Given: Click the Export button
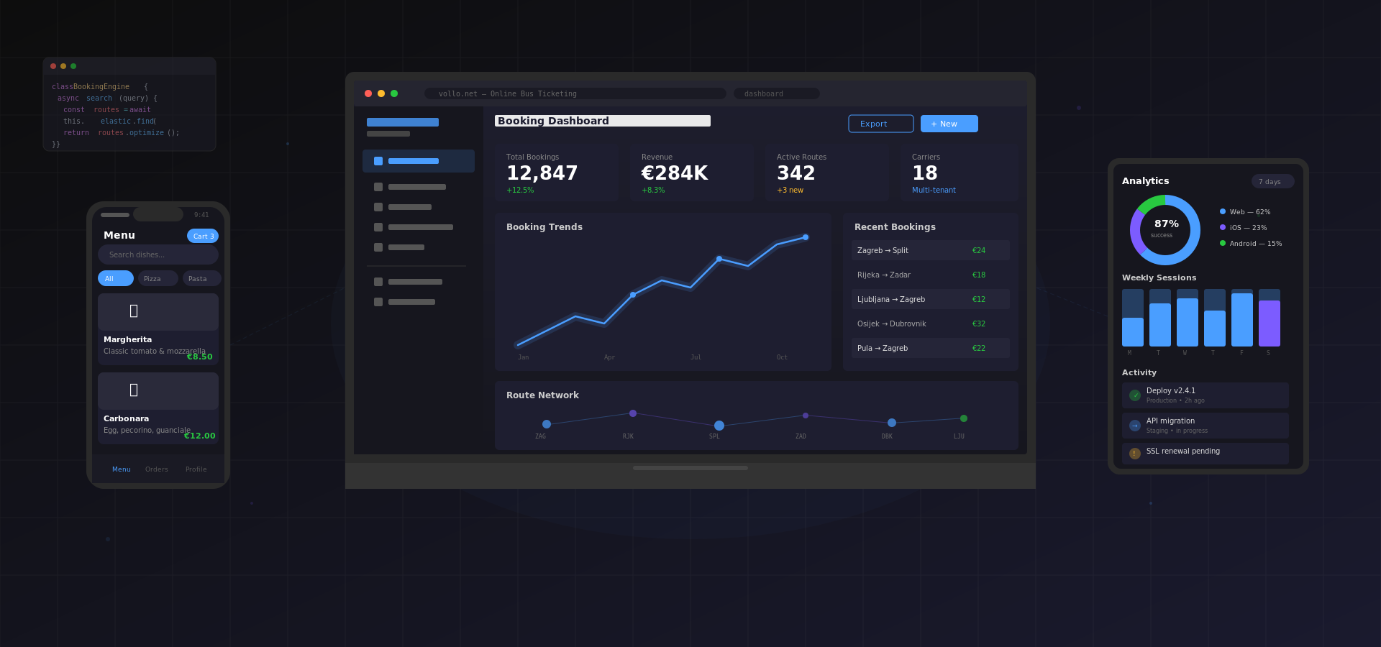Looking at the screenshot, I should pos(880,124).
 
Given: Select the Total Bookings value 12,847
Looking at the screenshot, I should pos(542,173).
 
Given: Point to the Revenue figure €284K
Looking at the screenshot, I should pos(674,173).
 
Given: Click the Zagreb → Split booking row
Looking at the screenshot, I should pos(930,250).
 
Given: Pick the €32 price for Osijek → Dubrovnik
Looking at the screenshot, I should pos(978,323).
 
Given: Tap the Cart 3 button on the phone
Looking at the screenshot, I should pos(203,236).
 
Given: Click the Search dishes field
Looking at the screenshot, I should pos(158,254).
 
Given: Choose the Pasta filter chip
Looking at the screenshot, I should pos(201,278).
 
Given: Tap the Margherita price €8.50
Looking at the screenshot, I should pos(199,357).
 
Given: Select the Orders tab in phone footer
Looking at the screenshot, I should pos(156,469).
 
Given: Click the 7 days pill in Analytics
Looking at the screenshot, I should pos(1272,182).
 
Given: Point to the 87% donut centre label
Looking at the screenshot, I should pos(1166,224).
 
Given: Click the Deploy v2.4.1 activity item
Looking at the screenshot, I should pos(1205,395).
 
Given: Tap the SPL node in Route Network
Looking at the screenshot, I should pos(719,426).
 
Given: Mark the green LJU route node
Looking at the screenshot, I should pos(963,418).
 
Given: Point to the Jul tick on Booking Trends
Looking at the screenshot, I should pos(696,357).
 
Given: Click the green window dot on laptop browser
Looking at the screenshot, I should pos(394,93).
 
